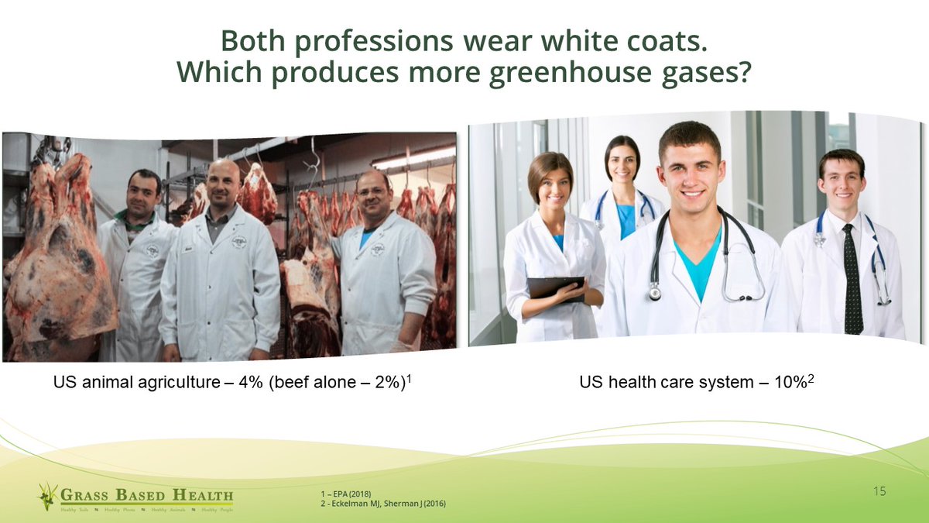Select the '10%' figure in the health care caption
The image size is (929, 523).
788,382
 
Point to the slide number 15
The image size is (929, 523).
879,491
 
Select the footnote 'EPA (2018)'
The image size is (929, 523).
348,494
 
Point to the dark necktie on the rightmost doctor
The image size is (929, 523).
852,279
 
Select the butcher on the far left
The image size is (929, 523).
137,256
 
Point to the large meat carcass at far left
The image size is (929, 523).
54,256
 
